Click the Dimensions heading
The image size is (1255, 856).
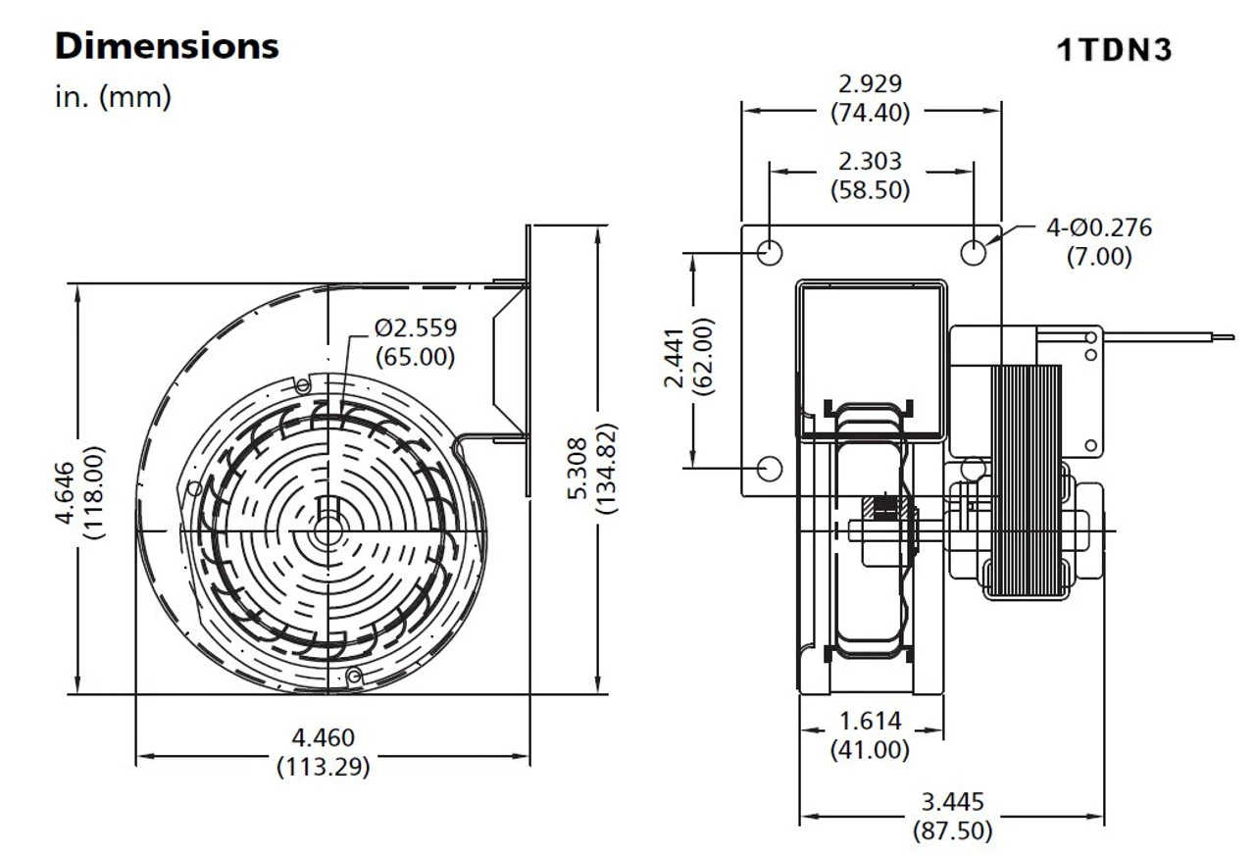(x=167, y=46)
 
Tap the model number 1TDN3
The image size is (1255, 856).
(x=1114, y=50)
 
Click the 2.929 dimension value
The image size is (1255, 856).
(x=870, y=84)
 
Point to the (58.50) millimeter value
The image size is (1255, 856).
(x=870, y=189)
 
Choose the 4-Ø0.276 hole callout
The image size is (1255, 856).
(x=1098, y=228)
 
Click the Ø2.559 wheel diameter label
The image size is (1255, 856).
(x=416, y=327)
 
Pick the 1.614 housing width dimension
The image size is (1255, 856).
(x=870, y=723)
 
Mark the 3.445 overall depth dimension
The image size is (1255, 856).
(x=951, y=803)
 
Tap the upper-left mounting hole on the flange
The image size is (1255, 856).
(x=771, y=252)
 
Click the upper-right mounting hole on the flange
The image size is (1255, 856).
(x=973, y=252)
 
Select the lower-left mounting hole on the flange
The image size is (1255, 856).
(x=771, y=469)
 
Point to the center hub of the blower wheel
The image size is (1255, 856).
(x=326, y=529)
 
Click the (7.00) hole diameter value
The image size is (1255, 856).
(x=1098, y=257)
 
